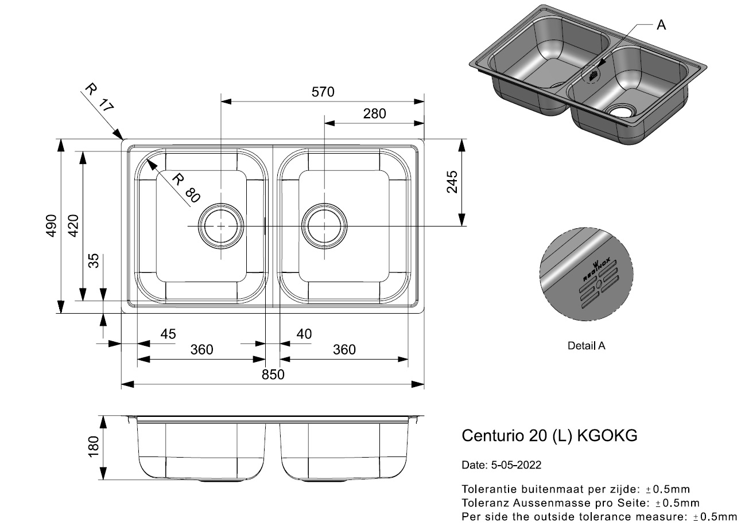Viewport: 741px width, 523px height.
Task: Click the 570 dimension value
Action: pyautogui.click(x=323, y=92)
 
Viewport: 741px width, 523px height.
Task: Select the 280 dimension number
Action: pyautogui.click(x=374, y=114)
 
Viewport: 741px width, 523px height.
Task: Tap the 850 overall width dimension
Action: pyautogui.click(x=273, y=374)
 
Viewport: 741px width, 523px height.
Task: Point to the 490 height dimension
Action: pyautogui.click(x=51, y=226)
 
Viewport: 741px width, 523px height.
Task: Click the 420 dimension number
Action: pyautogui.click(x=73, y=226)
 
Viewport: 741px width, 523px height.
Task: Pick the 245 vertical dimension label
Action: pyautogui.click(x=452, y=182)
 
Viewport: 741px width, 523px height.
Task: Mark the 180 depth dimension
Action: pyautogui.click(x=94, y=447)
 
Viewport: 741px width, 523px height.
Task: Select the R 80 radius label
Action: pyautogui.click(x=186, y=188)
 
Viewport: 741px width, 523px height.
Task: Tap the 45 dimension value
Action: pyautogui.click(x=168, y=334)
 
